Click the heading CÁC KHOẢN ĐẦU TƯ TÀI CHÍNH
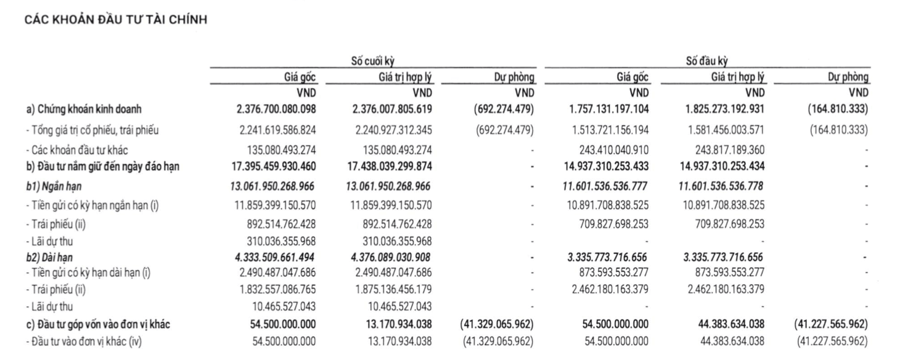click(x=116, y=20)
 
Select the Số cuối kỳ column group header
click(x=373, y=61)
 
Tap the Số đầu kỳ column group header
click(x=707, y=61)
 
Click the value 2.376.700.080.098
click(x=276, y=109)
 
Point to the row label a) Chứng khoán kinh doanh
click(x=84, y=109)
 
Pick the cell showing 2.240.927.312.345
click(x=394, y=130)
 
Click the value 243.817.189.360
click(x=730, y=150)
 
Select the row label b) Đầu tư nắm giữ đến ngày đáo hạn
click(x=103, y=166)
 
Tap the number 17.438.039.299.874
click(x=390, y=166)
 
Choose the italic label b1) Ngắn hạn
click(x=54, y=186)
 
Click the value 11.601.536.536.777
click(x=605, y=186)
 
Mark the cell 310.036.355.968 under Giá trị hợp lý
click(x=398, y=242)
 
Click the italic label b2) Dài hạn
click(x=49, y=258)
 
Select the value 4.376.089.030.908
click(x=391, y=257)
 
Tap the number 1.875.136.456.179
click(x=394, y=289)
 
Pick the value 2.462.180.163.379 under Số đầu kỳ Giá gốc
click(x=610, y=289)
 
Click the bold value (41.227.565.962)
click(x=831, y=324)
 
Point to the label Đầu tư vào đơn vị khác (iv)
click(x=84, y=342)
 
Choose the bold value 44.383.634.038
click(x=732, y=324)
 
